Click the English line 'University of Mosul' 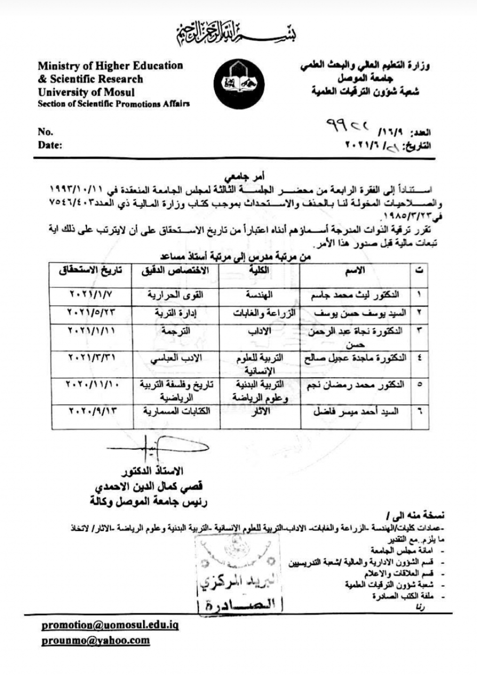point(86,92)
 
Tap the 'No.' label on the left point(45,132)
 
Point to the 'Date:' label point(50,145)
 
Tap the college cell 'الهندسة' point(259,295)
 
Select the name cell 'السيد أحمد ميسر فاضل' point(355,411)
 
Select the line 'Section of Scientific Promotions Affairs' point(114,104)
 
